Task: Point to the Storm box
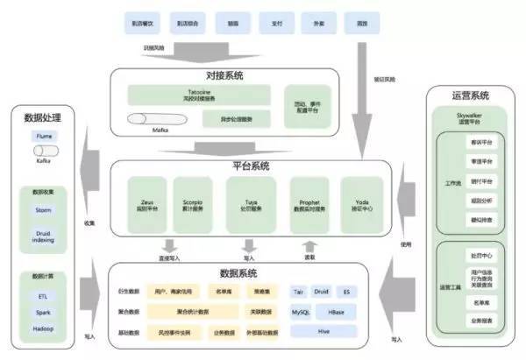(x=44, y=208)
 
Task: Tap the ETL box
(x=44, y=297)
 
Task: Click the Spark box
(x=44, y=313)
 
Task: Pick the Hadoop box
(x=44, y=329)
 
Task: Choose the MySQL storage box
(x=302, y=312)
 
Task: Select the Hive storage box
(x=323, y=331)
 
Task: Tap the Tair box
(x=299, y=291)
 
